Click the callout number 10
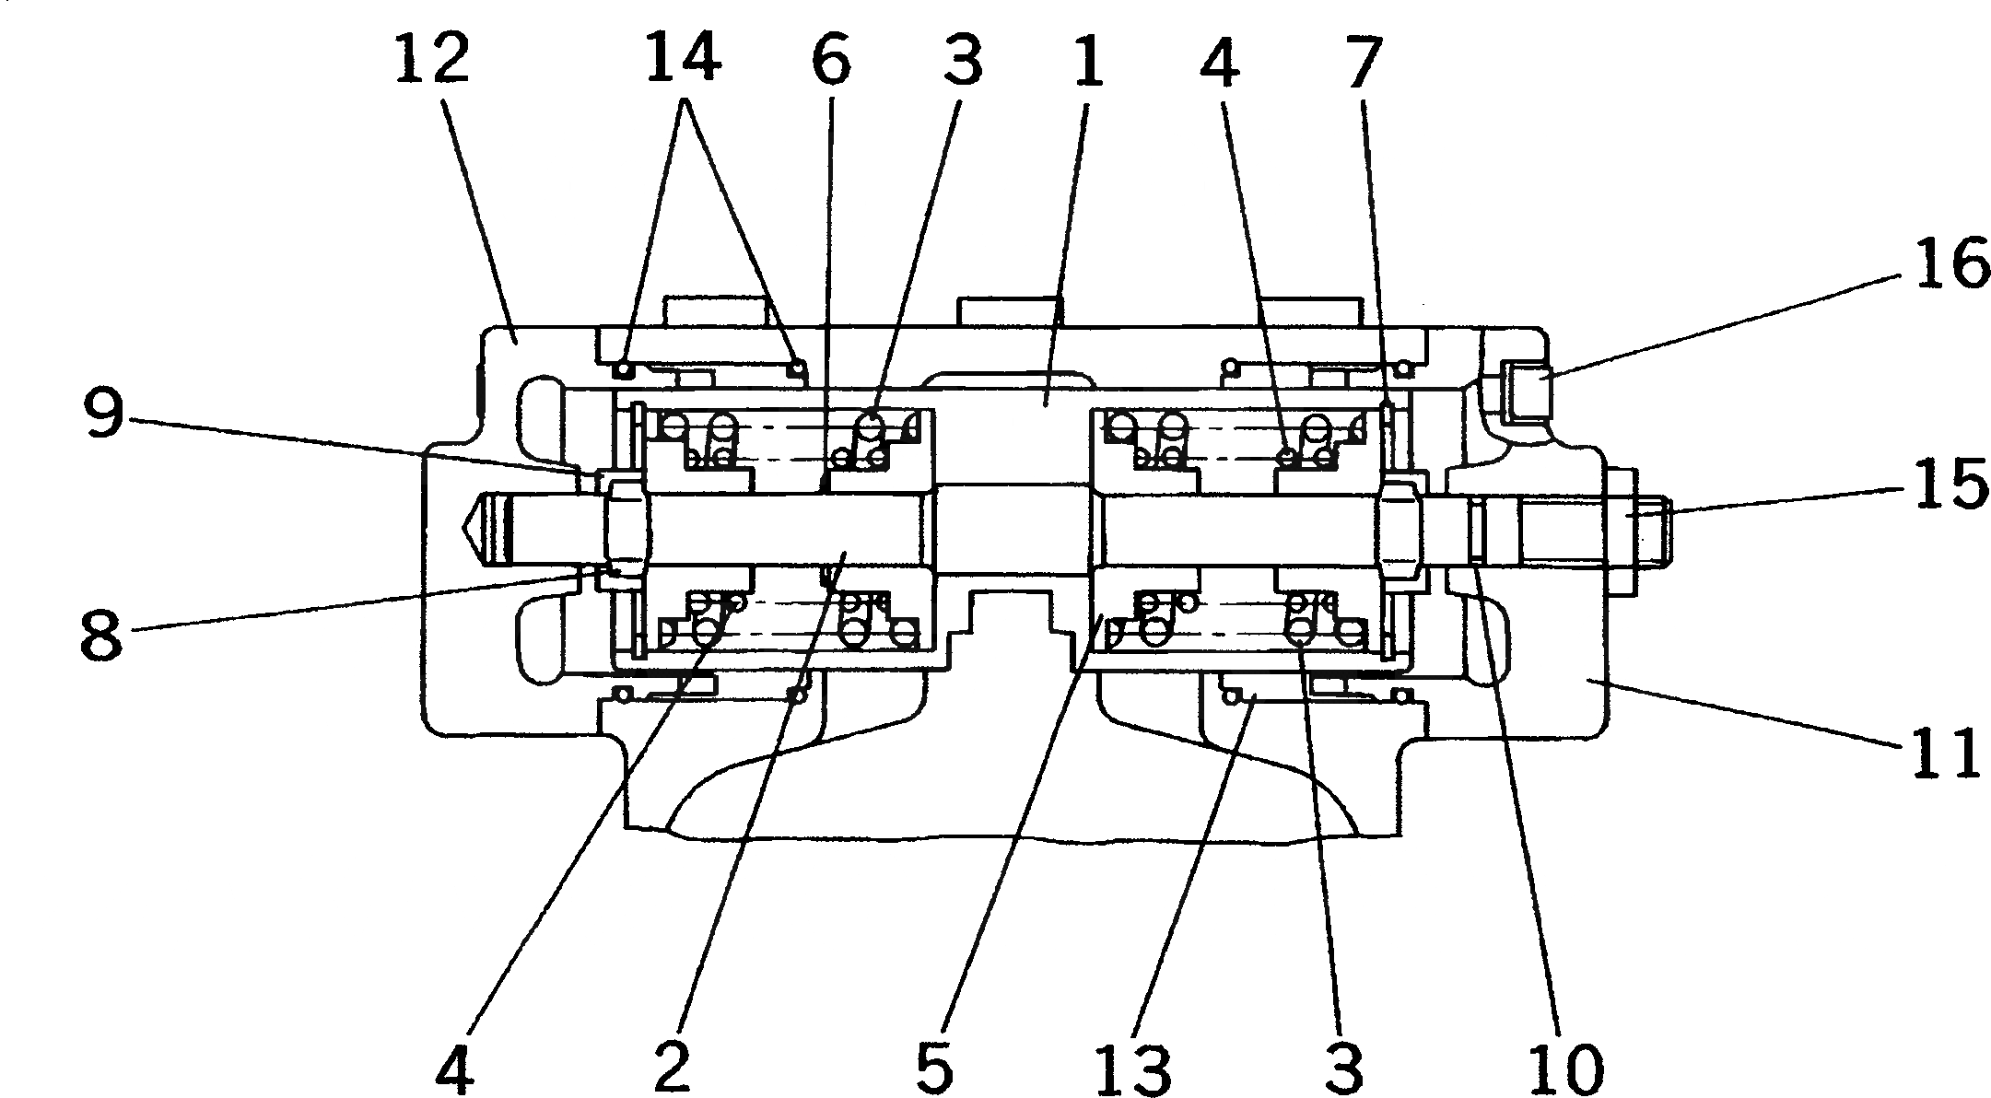coord(1566,1065)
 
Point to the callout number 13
coord(1140,1065)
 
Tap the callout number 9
coord(102,415)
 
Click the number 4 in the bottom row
coord(454,1065)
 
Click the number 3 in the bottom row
coord(1343,1065)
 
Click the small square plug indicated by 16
coord(1526,390)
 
